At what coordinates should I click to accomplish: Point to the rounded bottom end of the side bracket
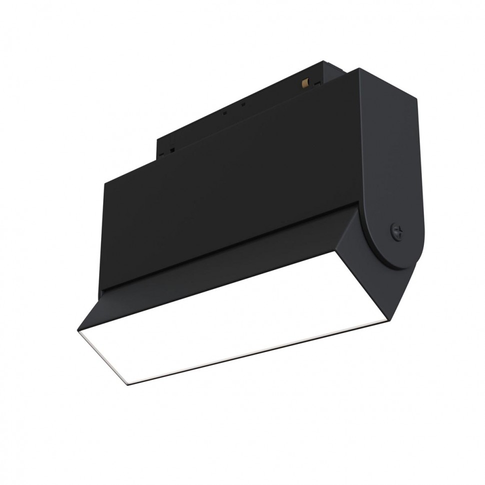[400, 260]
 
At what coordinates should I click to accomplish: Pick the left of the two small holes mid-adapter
[225, 113]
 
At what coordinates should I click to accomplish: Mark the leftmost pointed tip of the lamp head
[78, 330]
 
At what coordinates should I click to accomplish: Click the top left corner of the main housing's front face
[104, 183]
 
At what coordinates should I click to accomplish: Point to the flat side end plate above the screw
[390, 150]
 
